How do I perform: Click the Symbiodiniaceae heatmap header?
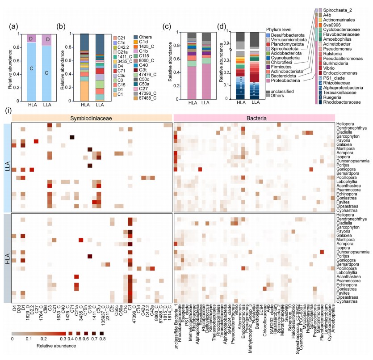tap(91, 118)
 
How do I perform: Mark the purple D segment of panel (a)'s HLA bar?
tap(32, 38)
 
